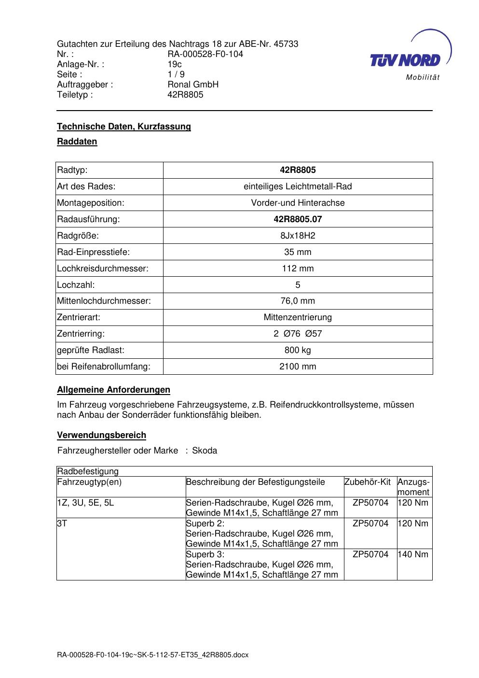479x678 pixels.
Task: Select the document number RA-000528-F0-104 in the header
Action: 205,54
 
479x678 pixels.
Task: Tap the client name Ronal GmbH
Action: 193,85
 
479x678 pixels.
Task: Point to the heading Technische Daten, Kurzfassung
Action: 124,127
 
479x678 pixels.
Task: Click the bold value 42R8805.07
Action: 298,219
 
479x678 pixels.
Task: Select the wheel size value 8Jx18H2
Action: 298,236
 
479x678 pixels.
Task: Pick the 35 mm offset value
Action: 298,252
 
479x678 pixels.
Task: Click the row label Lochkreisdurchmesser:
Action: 103,268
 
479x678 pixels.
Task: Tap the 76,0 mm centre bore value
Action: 298,301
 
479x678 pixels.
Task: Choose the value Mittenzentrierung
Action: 298,317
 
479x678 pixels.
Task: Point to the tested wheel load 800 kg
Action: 298,350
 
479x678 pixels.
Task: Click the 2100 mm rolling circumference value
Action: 298,367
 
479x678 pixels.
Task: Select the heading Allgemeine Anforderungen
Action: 113,390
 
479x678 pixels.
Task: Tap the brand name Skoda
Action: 205,451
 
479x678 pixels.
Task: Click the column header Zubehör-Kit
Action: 368,482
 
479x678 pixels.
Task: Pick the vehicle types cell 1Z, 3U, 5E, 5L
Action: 86,503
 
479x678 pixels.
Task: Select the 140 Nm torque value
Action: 412,554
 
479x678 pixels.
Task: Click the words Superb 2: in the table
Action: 205,523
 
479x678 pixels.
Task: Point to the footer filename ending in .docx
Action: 152,655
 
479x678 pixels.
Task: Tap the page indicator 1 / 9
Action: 176,74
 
